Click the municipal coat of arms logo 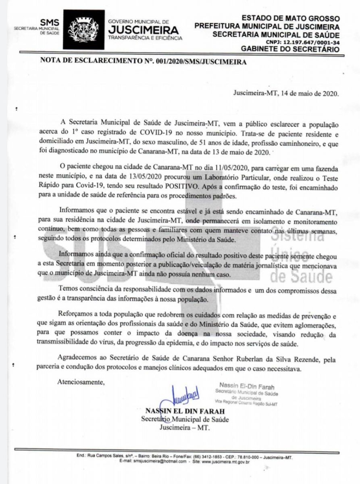pyautogui.click(x=84, y=30)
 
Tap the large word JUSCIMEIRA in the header pyautogui.click(x=143, y=30)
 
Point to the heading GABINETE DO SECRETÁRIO pyautogui.click(x=290, y=49)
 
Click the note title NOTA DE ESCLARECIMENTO pyautogui.click(x=100, y=63)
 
